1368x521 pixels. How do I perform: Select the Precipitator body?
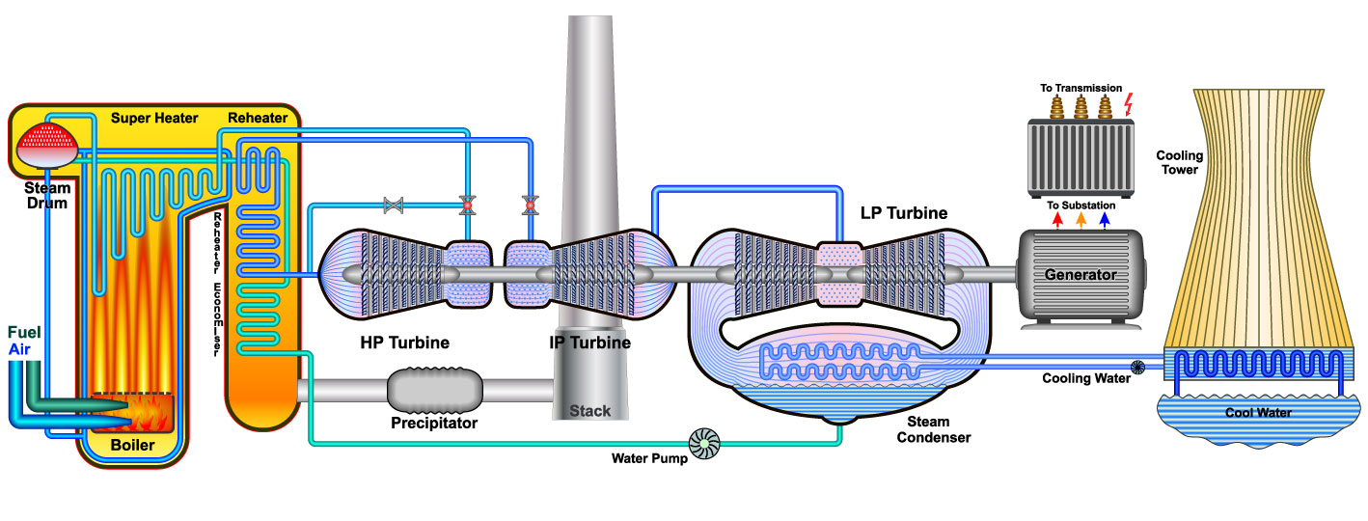coord(433,390)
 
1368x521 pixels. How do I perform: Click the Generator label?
coord(1081,275)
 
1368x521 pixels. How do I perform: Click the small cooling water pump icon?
coord(1139,367)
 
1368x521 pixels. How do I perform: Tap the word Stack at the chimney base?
coord(589,411)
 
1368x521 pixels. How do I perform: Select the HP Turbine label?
coord(404,343)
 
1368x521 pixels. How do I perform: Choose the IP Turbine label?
coord(589,343)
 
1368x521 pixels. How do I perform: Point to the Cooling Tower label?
coord(1177,162)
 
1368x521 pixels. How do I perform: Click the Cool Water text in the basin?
coord(1258,413)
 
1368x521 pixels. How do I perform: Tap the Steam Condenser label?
coord(933,429)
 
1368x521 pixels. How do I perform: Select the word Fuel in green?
coord(23,332)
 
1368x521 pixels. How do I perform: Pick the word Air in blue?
coord(20,348)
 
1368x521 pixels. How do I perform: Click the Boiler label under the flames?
coord(132,446)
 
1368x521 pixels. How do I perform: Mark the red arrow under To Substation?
coord(1056,221)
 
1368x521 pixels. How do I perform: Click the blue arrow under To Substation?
coord(1104,221)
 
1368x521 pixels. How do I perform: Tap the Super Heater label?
coord(154,118)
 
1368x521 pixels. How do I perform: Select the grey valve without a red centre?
coord(393,205)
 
